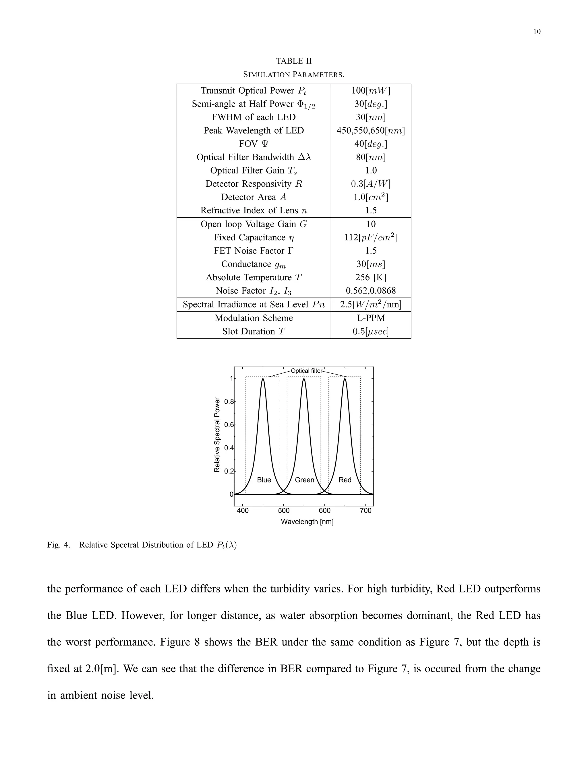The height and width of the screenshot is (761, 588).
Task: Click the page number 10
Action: [x=537, y=32]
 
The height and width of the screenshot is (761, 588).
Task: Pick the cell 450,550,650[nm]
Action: [x=371, y=130]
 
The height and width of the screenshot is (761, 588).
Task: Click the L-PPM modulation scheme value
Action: [x=371, y=318]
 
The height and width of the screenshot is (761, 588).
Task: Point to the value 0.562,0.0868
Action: [x=371, y=291]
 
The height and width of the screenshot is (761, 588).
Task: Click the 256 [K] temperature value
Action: [x=371, y=277]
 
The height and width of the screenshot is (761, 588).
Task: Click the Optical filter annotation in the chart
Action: [x=307, y=371]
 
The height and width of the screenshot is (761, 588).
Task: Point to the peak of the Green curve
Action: [x=304, y=379]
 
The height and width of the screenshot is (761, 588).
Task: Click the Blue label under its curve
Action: [x=264, y=480]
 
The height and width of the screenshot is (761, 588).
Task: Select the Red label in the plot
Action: [x=345, y=480]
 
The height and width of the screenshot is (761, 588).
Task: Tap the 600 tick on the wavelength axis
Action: [x=325, y=511]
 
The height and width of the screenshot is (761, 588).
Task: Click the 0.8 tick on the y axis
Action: [x=229, y=401]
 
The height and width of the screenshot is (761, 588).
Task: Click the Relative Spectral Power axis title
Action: [x=217, y=434]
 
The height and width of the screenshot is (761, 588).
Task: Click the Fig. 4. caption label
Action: [x=59, y=545]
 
